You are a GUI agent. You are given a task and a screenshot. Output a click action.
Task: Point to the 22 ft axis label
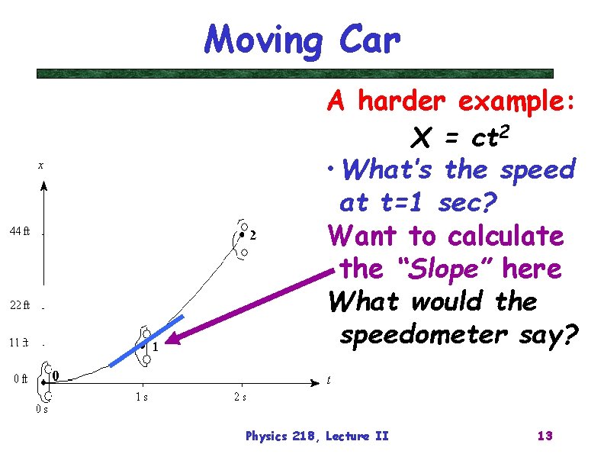pyautogui.click(x=20, y=306)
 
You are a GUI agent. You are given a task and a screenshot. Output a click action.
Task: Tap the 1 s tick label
pyautogui.click(x=142, y=397)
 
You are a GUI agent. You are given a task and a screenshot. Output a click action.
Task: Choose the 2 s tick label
pyautogui.click(x=239, y=397)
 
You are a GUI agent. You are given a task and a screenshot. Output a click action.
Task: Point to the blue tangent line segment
pyautogui.click(x=147, y=341)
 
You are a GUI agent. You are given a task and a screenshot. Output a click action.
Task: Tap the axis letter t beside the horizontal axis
pyautogui.click(x=328, y=379)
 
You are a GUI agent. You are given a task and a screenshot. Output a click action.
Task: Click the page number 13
pyautogui.click(x=545, y=436)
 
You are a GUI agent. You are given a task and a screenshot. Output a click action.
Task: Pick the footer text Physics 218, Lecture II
pyautogui.click(x=316, y=436)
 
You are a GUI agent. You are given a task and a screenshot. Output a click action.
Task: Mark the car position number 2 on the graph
pyautogui.click(x=253, y=235)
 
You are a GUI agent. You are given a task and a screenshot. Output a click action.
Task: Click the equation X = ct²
pyautogui.click(x=458, y=137)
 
